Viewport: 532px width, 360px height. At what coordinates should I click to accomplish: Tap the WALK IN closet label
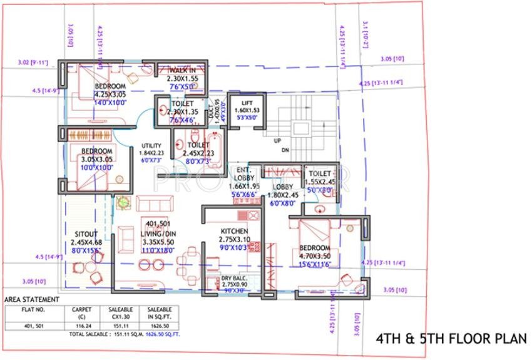(182, 71)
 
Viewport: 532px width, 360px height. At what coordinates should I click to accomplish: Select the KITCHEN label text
(235, 230)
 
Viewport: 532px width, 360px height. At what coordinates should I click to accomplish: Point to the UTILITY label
(151, 145)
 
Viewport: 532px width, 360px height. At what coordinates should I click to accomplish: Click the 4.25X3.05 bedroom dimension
(110, 95)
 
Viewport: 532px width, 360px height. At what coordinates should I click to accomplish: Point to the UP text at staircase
(277, 140)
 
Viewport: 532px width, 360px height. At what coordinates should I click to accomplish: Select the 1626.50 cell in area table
(159, 326)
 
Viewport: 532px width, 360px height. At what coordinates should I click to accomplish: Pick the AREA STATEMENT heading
(32, 299)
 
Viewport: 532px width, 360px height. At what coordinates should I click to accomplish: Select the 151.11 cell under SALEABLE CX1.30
(119, 326)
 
